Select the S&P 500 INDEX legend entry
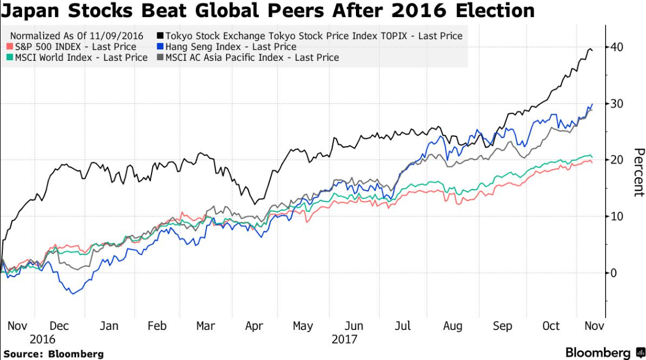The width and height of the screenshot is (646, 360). (74, 47)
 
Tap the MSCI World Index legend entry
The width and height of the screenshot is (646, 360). (79, 57)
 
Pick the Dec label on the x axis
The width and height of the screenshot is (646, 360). (59, 326)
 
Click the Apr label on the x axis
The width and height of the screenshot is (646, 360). (254, 326)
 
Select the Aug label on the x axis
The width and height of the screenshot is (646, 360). (452, 326)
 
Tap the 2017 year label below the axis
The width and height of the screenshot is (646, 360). (343, 339)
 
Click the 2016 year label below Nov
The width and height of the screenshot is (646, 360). (42, 339)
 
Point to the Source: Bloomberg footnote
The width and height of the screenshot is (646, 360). (53, 354)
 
